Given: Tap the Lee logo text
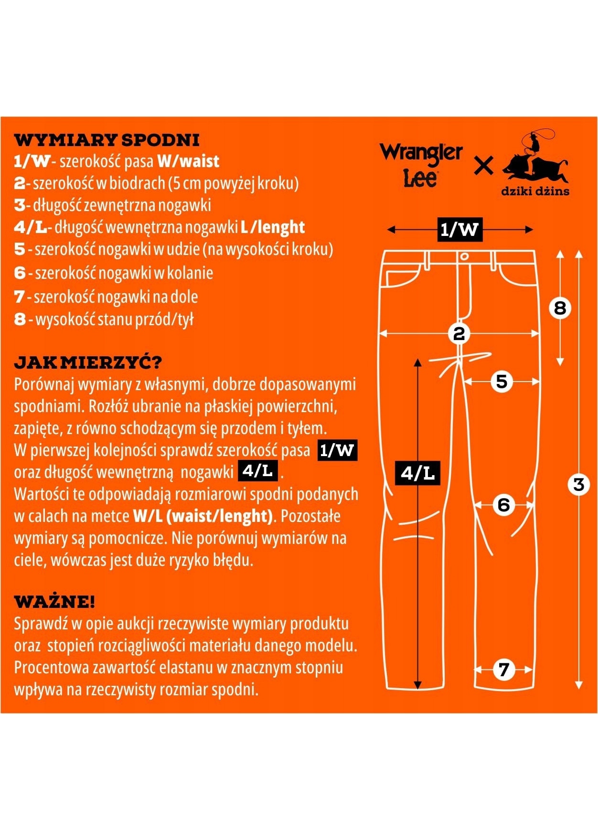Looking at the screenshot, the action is [420, 178].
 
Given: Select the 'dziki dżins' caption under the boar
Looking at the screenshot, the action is [535, 192].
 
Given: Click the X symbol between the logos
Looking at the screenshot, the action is [483, 166].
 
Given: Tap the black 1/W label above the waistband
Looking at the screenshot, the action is [459, 229].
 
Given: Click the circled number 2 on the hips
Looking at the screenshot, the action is [459, 333].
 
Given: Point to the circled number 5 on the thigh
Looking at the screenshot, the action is [502, 382].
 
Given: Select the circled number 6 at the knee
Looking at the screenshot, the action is [504, 505].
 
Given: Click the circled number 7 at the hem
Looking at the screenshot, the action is [503, 670].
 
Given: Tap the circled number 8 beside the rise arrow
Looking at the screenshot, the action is [560, 308].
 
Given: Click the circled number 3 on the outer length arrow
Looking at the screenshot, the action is [578, 485].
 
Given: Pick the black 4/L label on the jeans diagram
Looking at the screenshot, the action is [417, 473].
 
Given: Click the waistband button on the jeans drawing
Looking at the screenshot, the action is [464, 256].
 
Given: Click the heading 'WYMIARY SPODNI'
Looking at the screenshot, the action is [107, 140].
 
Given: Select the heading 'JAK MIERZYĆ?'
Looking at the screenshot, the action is [88, 362].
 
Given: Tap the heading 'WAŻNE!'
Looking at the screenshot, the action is [54, 602].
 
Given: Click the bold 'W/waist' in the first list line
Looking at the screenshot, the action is [188, 161].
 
